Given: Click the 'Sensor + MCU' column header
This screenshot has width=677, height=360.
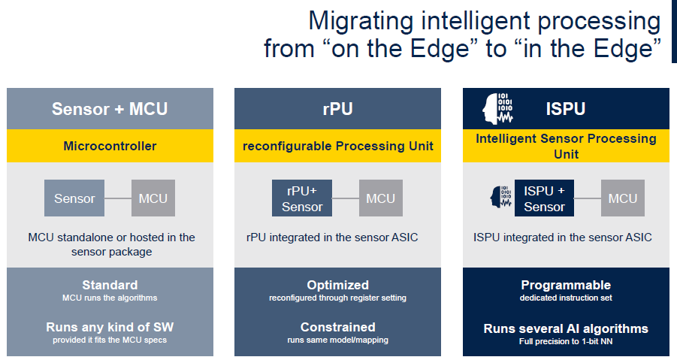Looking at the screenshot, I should point(110,109).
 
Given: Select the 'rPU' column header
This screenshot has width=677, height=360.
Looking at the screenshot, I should point(337,109).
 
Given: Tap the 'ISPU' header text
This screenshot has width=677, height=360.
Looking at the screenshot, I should point(566,109).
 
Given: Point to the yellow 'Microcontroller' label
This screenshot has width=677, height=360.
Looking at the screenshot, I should point(110,146).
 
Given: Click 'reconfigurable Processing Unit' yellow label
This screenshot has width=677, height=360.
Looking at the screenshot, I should point(337,146).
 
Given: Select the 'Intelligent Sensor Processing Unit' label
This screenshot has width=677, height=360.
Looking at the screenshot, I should point(566,146).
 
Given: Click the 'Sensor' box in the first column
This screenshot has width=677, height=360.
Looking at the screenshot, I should point(74,198).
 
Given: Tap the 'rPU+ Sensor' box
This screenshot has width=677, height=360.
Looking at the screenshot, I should point(302,198).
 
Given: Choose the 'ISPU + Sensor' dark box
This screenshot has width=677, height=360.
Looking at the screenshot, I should point(544,198).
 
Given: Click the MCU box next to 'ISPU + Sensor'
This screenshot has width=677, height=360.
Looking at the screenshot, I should point(623,198).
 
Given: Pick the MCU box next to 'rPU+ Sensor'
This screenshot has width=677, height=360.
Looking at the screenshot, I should point(381,198).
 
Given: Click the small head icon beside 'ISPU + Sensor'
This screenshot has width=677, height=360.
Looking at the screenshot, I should point(500,198).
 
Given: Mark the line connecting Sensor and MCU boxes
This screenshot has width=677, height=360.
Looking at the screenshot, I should point(118,198).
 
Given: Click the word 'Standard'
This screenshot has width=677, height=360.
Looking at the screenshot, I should point(110,285).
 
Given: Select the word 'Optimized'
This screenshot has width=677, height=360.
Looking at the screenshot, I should point(337,285).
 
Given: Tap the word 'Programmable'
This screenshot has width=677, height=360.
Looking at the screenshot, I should point(566,285).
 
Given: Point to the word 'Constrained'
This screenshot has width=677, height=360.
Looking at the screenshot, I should point(337,327).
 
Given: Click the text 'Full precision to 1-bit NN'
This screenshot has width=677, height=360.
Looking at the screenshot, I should point(566,341).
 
